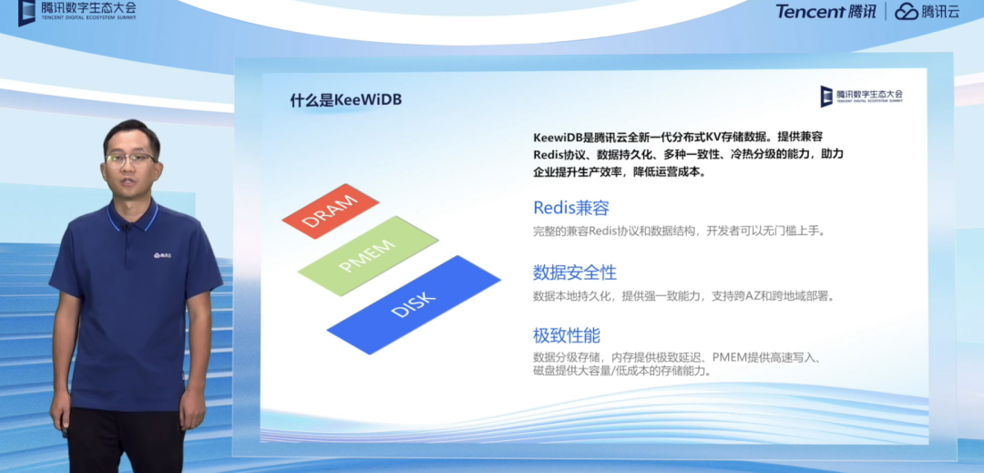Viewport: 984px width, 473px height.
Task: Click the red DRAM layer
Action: pos(331,211)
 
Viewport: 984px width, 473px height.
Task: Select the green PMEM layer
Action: pos(368,256)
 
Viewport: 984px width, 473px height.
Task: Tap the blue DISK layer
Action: pos(414,305)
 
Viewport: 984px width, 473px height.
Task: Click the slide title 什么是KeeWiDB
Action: pos(346,101)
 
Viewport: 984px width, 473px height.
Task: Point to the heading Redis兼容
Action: pos(571,208)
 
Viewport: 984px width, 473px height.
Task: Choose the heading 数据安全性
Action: pos(575,272)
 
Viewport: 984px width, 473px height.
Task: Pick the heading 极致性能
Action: pos(567,335)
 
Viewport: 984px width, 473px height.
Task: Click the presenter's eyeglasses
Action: pos(131,158)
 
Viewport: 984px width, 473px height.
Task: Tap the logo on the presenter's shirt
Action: pos(162,255)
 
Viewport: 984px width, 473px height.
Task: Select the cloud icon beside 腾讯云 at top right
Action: pos(907,11)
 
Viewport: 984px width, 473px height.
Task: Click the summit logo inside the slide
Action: pos(861,96)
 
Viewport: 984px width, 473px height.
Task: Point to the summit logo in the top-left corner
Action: pos(77,11)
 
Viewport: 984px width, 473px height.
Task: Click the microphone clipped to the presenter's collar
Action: pos(128,227)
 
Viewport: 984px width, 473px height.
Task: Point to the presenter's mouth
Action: pos(130,181)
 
